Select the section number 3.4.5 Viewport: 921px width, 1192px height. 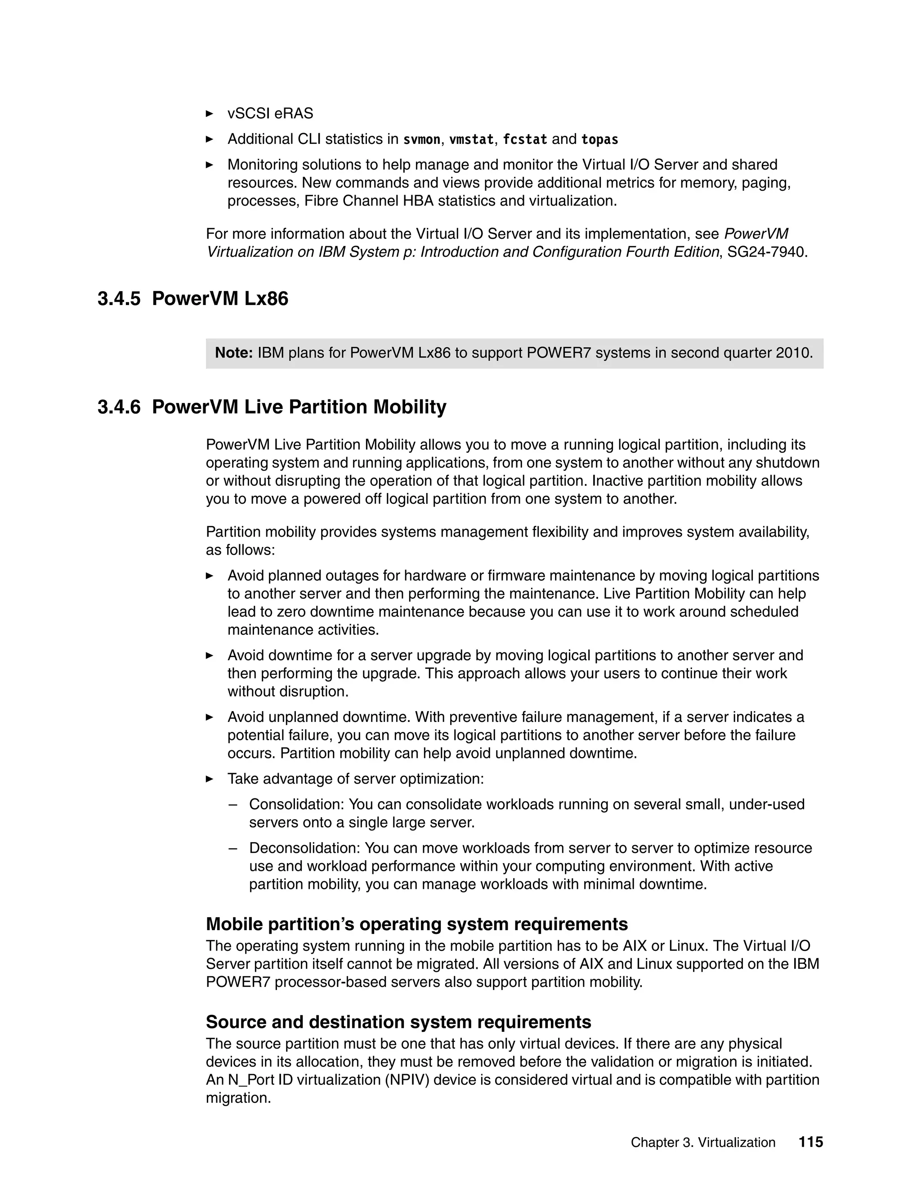(119, 299)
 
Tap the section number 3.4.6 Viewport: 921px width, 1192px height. (119, 407)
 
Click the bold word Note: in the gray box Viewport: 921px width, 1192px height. (233, 353)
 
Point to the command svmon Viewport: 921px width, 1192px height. (421, 140)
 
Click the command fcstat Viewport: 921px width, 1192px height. (524, 140)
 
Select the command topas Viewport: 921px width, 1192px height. (599, 140)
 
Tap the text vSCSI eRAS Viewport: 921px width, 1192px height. (270, 113)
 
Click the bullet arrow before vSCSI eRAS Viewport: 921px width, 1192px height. (210, 113)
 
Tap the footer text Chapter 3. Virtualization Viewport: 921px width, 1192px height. (703, 1143)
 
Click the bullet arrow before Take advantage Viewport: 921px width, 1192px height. (210, 779)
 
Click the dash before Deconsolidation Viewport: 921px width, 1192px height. (233, 848)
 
